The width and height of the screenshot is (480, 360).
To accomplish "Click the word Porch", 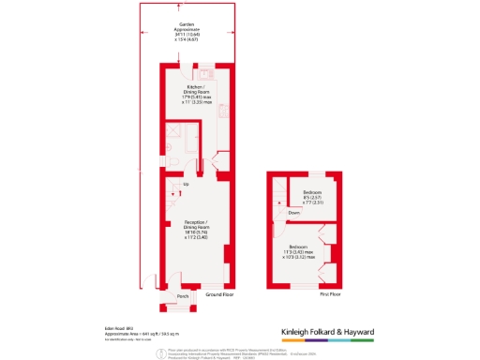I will [183, 296].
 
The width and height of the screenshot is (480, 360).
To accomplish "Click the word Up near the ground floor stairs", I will [186, 184].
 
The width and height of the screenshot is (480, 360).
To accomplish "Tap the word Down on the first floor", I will [294, 212].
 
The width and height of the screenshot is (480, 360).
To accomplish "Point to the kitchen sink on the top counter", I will [206, 74].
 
